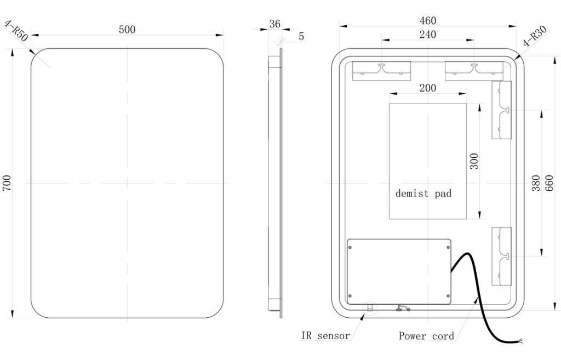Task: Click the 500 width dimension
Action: (x=127, y=30)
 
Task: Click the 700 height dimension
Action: (x=7, y=183)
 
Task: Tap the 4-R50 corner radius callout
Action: (x=16, y=31)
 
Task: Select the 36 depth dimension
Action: (x=274, y=24)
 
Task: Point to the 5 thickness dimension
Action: (x=301, y=37)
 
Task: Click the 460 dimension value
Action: (x=428, y=21)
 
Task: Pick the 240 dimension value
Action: (x=428, y=35)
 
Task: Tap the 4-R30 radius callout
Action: (x=535, y=36)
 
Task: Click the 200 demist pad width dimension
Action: (x=428, y=88)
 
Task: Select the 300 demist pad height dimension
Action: (x=474, y=161)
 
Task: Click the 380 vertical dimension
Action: (x=536, y=183)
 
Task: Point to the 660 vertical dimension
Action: (x=550, y=183)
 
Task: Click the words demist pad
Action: (x=423, y=193)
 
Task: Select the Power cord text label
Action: (x=426, y=336)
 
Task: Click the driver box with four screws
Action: (x=399, y=271)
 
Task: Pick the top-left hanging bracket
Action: (x=381, y=71)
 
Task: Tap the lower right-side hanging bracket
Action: (x=501, y=255)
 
